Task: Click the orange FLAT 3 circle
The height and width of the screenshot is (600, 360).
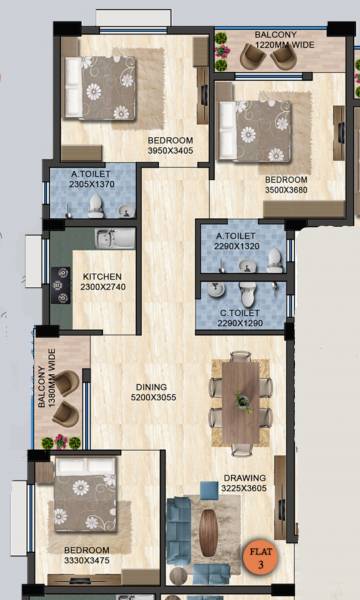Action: click(x=257, y=557)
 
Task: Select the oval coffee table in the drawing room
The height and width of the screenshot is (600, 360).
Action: click(x=208, y=532)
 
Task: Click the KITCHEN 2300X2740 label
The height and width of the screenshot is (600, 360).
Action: click(x=102, y=281)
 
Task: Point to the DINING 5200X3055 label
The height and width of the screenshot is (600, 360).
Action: click(x=152, y=392)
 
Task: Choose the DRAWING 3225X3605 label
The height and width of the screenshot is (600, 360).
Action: click(x=245, y=484)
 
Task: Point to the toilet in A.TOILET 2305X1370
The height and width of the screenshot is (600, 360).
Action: click(x=96, y=204)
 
